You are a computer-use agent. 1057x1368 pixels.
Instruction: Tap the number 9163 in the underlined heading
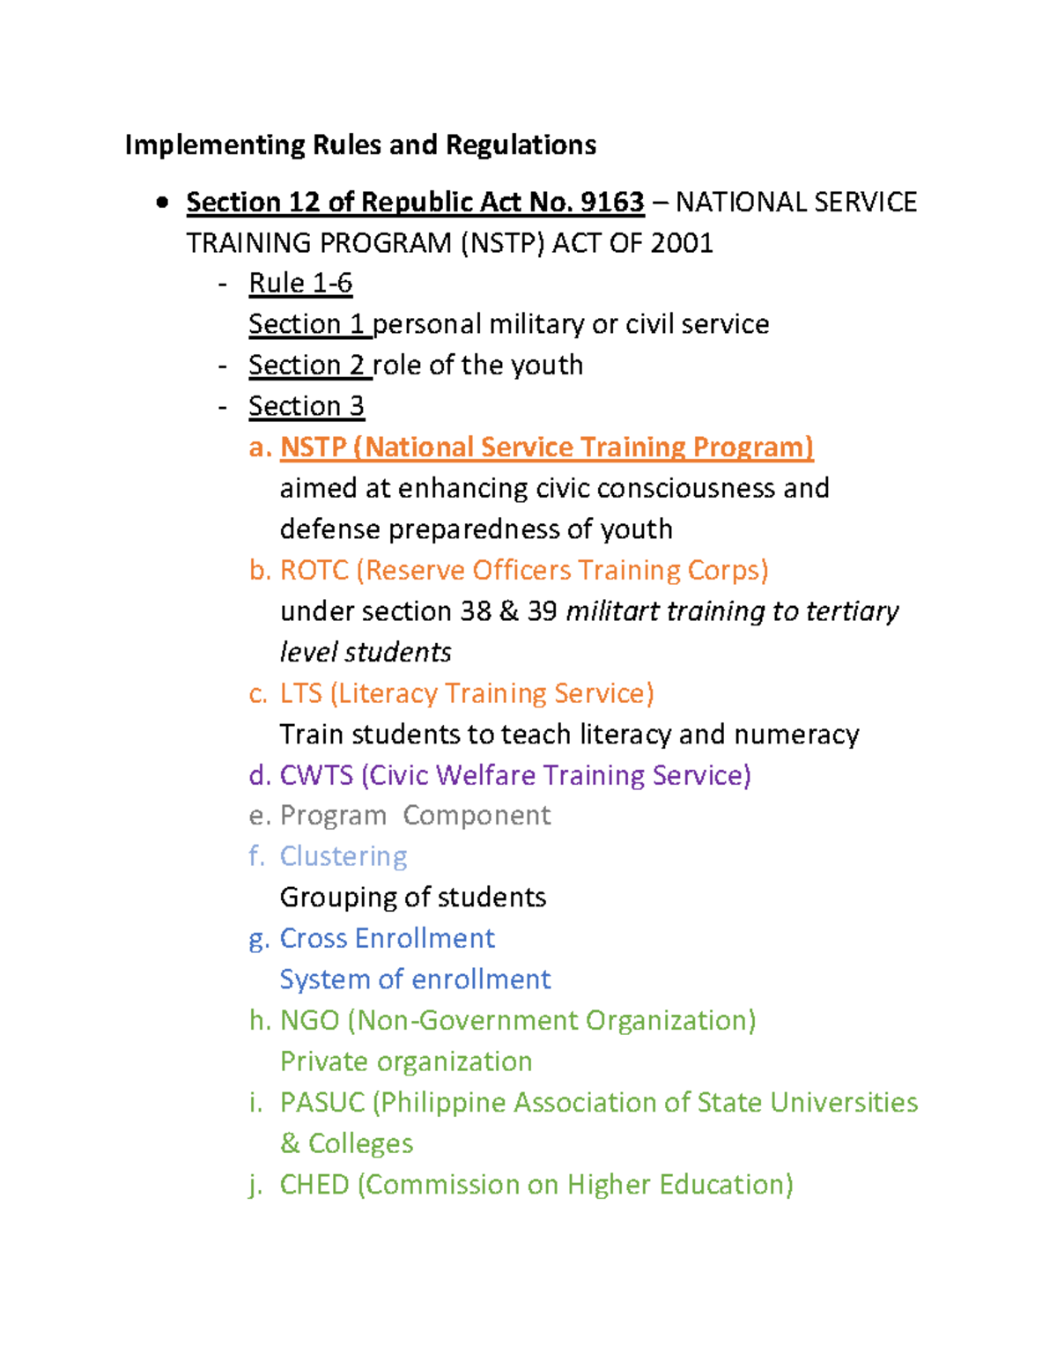[x=611, y=203]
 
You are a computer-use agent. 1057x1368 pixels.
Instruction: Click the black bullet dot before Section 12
[x=162, y=203]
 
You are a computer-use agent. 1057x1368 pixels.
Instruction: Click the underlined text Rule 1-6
[x=300, y=284]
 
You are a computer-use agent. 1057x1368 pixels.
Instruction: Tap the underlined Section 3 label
[x=306, y=406]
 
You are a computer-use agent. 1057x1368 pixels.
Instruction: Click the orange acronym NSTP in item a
[x=313, y=447]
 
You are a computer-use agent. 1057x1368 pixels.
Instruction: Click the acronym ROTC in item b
[x=314, y=571]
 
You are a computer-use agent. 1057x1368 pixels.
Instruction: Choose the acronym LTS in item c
[x=300, y=694]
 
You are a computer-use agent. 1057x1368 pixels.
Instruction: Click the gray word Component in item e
[x=477, y=816]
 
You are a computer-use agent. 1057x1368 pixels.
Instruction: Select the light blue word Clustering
[x=344, y=857]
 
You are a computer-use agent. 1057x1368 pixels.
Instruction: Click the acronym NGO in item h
[x=309, y=1021]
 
